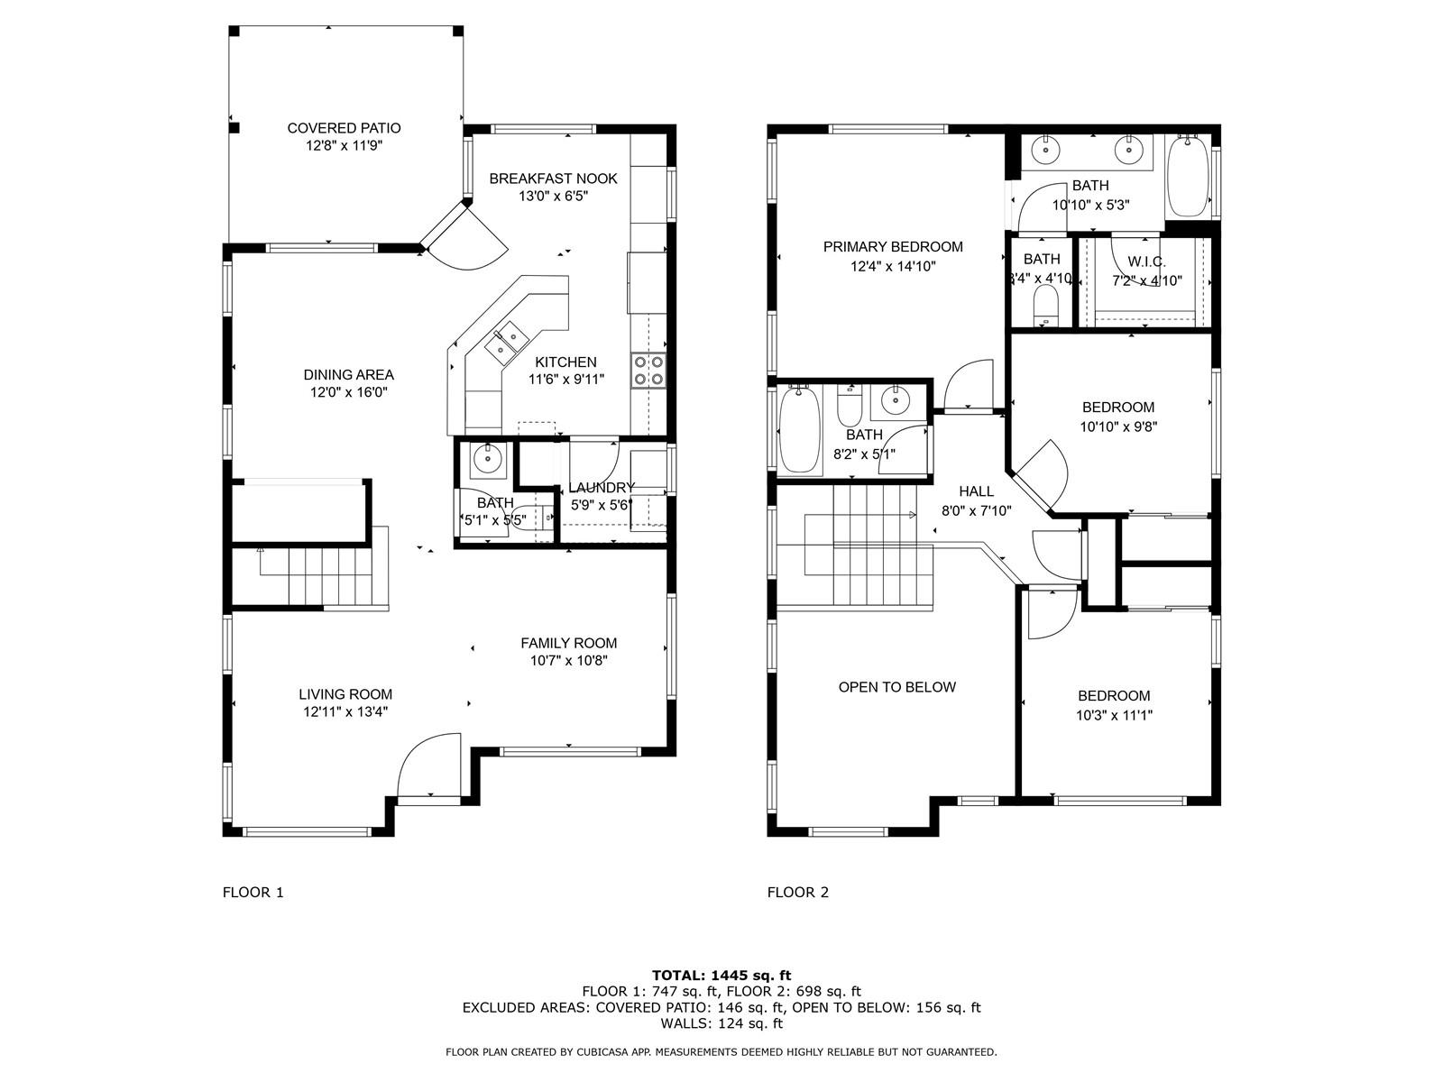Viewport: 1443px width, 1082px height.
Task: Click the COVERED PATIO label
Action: (x=344, y=128)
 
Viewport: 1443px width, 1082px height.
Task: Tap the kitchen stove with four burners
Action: (x=648, y=371)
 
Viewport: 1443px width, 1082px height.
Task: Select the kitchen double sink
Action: (x=507, y=343)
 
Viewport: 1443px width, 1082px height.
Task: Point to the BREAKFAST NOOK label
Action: (x=553, y=179)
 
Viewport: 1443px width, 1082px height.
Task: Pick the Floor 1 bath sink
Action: (x=487, y=461)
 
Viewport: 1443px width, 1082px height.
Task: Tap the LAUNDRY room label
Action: (x=601, y=488)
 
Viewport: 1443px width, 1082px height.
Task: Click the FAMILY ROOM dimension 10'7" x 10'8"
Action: (x=569, y=661)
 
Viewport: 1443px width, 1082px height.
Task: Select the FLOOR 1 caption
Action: (x=253, y=892)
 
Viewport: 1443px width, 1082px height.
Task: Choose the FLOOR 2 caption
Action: (x=798, y=892)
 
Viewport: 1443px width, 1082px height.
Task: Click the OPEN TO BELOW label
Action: (x=896, y=687)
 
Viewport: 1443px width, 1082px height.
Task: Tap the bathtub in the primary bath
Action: (x=1188, y=176)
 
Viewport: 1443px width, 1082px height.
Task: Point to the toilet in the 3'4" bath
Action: (x=1045, y=307)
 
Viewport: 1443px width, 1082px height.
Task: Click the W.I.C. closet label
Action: (x=1147, y=261)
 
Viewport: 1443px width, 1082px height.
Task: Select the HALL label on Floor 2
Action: (x=976, y=491)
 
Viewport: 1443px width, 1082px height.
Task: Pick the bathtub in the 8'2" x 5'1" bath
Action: (x=799, y=430)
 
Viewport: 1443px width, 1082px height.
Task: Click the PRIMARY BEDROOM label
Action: (x=893, y=247)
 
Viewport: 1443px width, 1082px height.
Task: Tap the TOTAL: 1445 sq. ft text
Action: (x=721, y=976)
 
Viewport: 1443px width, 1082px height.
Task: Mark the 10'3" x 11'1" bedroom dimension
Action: (x=1115, y=715)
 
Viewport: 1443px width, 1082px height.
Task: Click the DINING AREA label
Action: (x=348, y=375)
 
